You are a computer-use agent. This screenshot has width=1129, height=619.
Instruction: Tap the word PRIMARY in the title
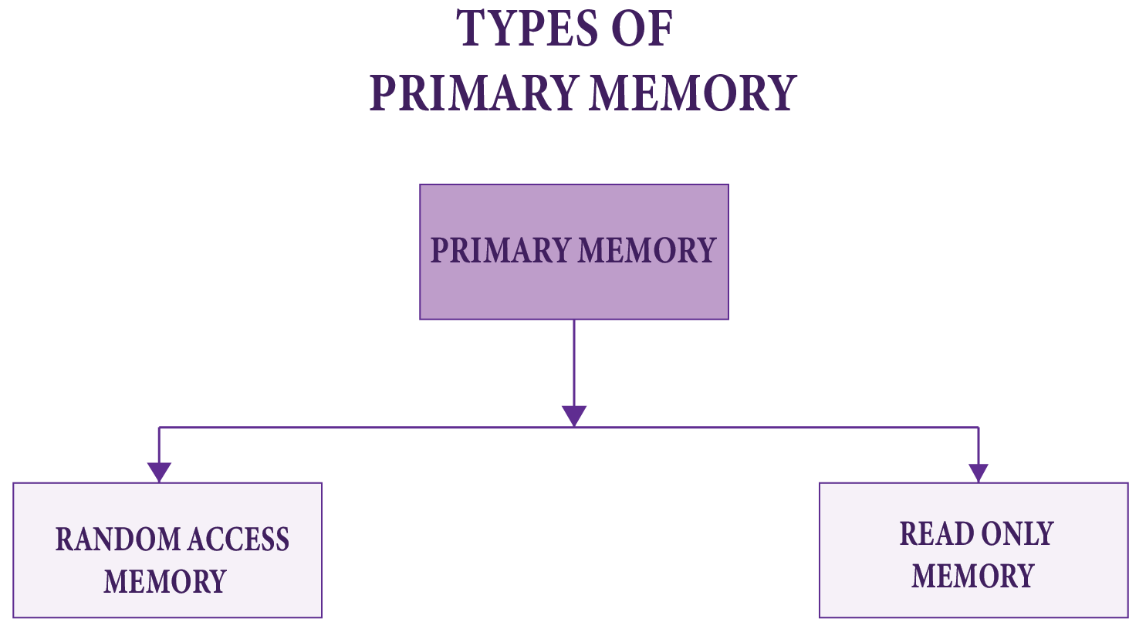[x=473, y=93]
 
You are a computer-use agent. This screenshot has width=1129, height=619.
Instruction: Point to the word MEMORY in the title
[x=692, y=93]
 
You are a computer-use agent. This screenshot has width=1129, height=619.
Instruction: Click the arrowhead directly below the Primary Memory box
[x=573, y=415]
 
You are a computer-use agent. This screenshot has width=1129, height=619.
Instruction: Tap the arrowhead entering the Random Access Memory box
[x=159, y=472]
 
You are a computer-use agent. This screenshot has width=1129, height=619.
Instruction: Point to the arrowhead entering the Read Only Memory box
[x=978, y=472]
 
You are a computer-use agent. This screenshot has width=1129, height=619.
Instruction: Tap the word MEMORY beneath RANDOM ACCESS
[x=165, y=581]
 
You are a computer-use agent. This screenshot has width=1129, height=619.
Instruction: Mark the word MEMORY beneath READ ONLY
[x=972, y=576]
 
